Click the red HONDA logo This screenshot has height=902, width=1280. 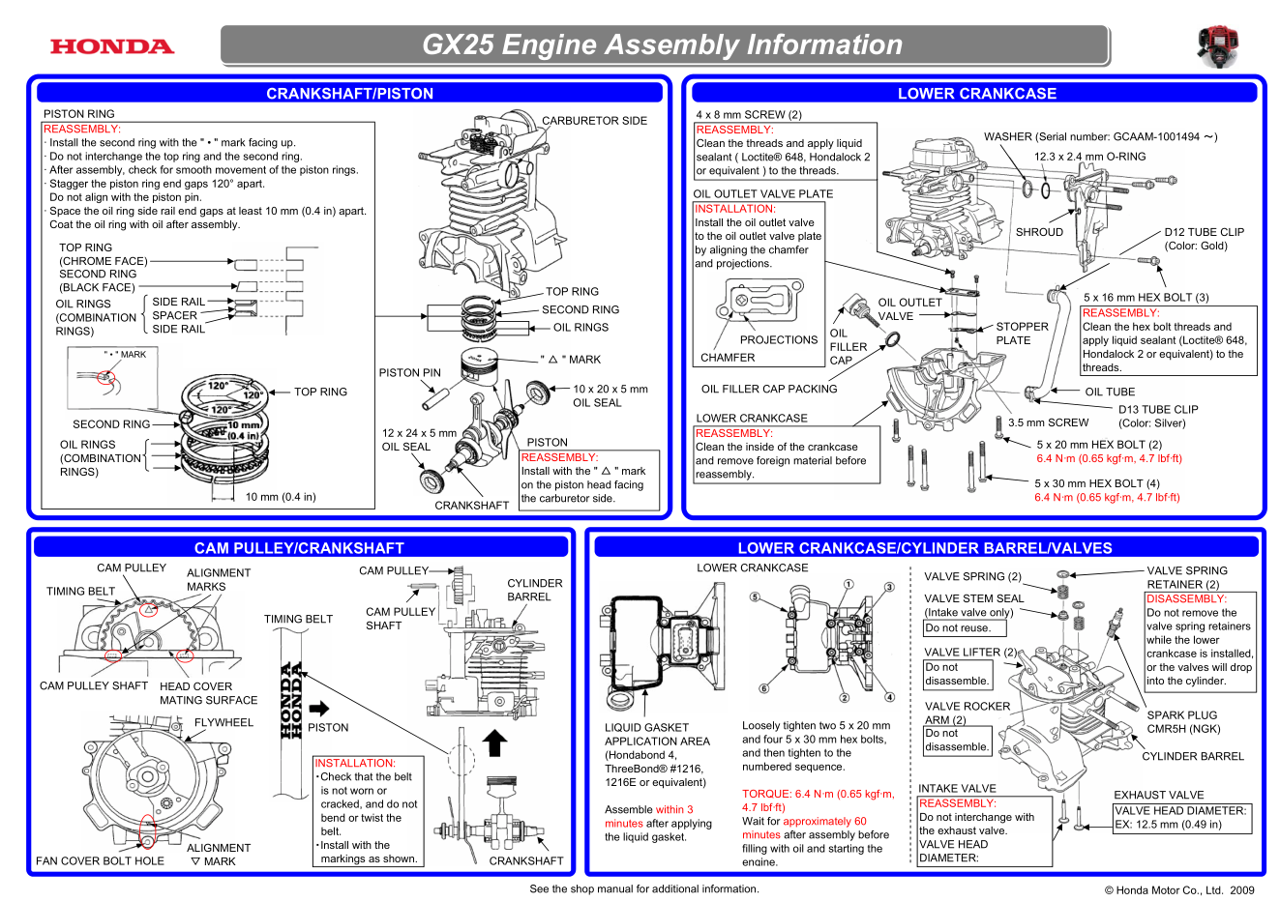pos(112,46)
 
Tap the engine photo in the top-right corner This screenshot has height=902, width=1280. pos(1217,46)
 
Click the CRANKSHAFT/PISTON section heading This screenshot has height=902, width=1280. pos(349,93)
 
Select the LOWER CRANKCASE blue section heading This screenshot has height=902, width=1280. pos(976,93)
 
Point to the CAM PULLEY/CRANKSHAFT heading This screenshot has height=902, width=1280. pos(299,547)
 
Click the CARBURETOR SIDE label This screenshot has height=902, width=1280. pos(594,121)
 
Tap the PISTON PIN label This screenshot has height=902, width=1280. pos(409,372)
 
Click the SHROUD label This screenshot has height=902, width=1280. pos(1039,232)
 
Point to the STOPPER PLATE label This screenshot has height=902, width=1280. pos(1022,334)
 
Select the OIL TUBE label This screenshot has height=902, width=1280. pos(1110,392)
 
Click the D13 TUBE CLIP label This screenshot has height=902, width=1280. pos(1158,410)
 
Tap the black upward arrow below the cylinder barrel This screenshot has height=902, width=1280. pos(494,742)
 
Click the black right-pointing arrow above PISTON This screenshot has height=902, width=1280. pos(319,708)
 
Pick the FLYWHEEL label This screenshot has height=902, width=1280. pos(223,722)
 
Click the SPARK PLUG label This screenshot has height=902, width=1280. pos(1181,715)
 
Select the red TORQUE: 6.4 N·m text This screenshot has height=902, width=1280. pos(818,794)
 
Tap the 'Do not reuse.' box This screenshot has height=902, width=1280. pos(958,627)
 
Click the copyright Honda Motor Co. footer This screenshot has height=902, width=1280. pos(1178,890)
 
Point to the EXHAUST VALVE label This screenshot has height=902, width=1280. pos(1158,795)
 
